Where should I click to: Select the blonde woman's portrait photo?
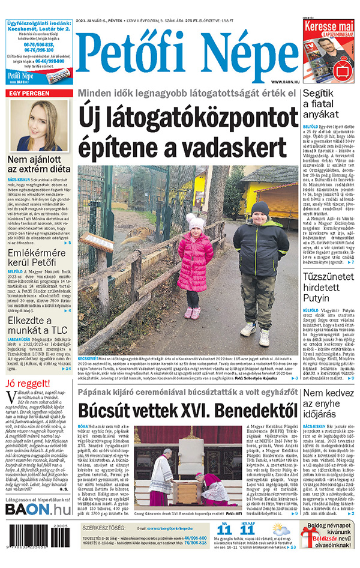click(x=39, y=125)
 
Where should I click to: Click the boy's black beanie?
click(x=259, y=210)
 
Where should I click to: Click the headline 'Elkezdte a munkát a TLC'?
click(x=39, y=328)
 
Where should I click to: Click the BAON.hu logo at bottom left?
click(x=38, y=509)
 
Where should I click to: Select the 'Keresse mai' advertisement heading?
click(x=329, y=28)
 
